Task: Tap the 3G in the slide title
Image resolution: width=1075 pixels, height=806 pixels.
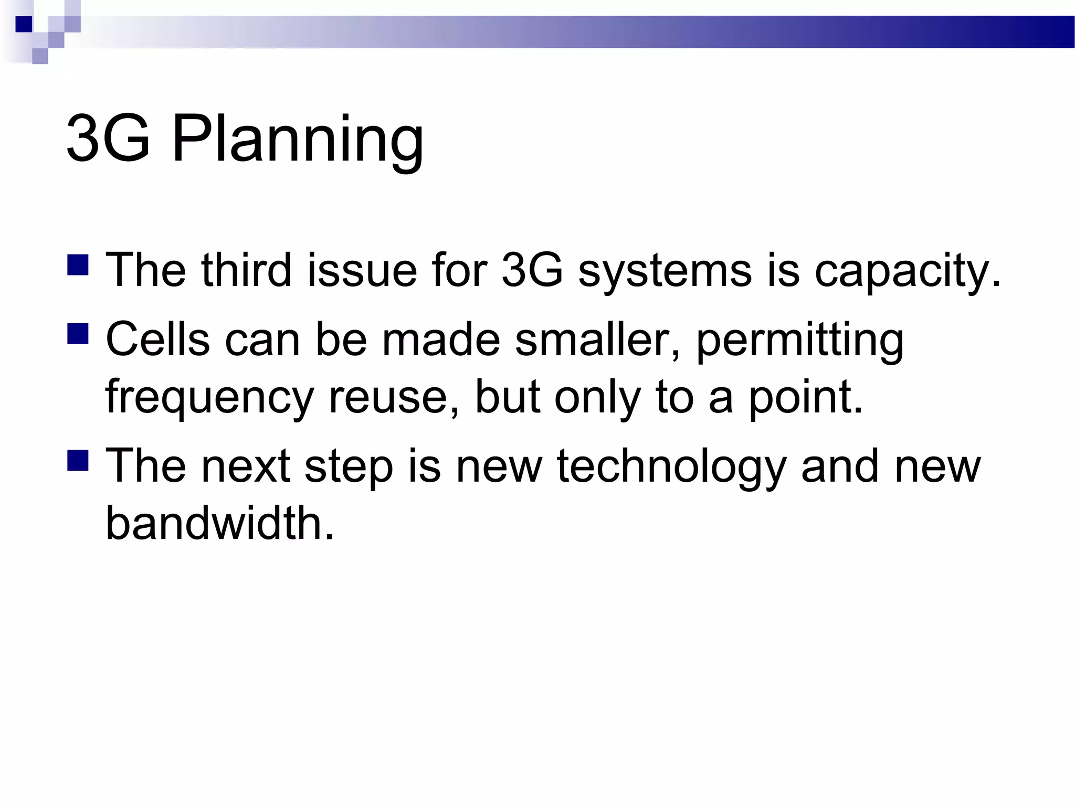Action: (x=108, y=140)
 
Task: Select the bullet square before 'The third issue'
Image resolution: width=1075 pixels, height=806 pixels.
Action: (x=78, y=265)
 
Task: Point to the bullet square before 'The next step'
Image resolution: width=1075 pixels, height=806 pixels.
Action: (x=78, y=459)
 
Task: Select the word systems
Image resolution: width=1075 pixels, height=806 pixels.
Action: (x=665, y=271)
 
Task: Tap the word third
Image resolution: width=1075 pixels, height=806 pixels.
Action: (x=246, y=270)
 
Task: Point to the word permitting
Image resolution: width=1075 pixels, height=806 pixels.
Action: (x=799, y=340)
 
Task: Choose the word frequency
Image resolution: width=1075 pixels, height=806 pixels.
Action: (x=209, y=397)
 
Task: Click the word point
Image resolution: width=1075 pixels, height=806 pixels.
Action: (x=805, y=397)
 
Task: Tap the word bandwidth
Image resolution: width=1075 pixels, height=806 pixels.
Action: (x=220, y=523)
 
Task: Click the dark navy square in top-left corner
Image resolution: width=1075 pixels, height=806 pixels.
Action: (x=24, y=24)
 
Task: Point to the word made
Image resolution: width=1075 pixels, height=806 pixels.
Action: (x=441, y=340)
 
